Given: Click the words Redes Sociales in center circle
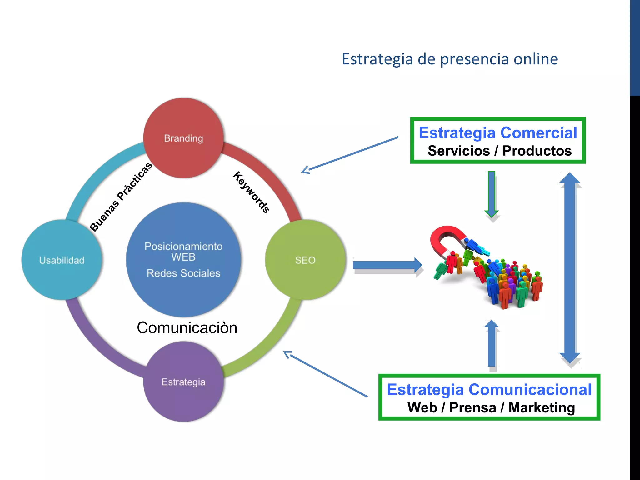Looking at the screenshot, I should [183, 273].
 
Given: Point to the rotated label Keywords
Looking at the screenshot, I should [251, 192].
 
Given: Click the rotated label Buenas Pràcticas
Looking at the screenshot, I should [121, 197].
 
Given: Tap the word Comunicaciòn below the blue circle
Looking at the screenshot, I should [187, 327].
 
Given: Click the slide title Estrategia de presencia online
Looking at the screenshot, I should [450, 59].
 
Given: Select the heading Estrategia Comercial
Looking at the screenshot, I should [498, 132].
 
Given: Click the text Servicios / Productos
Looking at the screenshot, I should [499, 151].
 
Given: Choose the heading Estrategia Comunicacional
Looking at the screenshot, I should [489, 389].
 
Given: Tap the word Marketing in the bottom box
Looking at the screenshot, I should [542, 407].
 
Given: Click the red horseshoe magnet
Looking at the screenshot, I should [444, 239].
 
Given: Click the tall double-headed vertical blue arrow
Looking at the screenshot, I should [570, 269].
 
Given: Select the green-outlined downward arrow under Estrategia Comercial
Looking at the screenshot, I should [492, 194].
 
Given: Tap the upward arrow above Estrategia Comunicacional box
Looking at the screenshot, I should [492, 344].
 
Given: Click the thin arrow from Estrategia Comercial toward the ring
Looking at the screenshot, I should [350, 155].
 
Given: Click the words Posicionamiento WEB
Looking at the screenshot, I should [183, 252].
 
